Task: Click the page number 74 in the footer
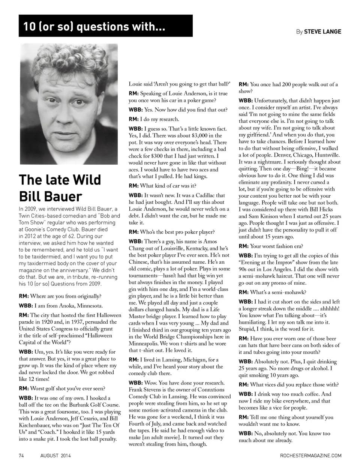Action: pyautogui.click(x=21, y=455)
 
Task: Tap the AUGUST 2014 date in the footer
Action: pyautogui.click(x=55, y=455)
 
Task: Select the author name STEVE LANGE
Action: pyautogui.click(x=322, y=32)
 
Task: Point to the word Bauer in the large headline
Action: pyautogui.click(x=62, y=196)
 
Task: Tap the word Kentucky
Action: pyautogui.click(x=192, y=248)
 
